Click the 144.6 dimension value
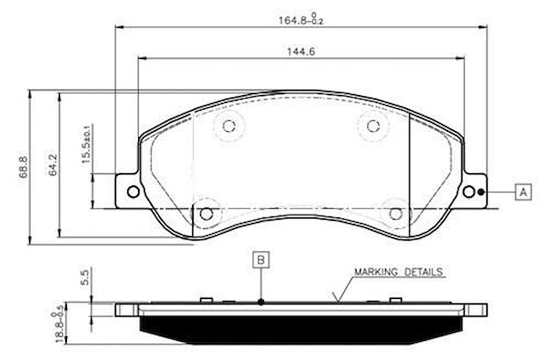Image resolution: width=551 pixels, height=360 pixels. tap(301, 52)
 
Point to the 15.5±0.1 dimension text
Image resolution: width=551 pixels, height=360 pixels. tap(87, 144)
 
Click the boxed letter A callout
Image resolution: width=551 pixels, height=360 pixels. tap(523, 191)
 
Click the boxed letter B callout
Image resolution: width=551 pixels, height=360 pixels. tap(261, 260)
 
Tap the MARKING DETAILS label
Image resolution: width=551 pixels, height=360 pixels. tap(398, 272)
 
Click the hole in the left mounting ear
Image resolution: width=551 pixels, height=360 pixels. tap(133, 191)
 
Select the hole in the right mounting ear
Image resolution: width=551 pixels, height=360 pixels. tap(469, 191)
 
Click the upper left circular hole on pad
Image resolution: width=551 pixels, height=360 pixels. tap(228, 126)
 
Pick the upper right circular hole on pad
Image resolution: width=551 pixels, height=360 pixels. tap(373, 126)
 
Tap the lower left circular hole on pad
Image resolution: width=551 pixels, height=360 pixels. tap(206, 213)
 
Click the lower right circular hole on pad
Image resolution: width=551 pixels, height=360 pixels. tap(396, 213)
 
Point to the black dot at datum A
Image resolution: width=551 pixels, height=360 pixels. tap(481, 192)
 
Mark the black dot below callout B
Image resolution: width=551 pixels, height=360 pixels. tap(261, 302)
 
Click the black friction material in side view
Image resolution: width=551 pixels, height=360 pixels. tap(301, 330)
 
